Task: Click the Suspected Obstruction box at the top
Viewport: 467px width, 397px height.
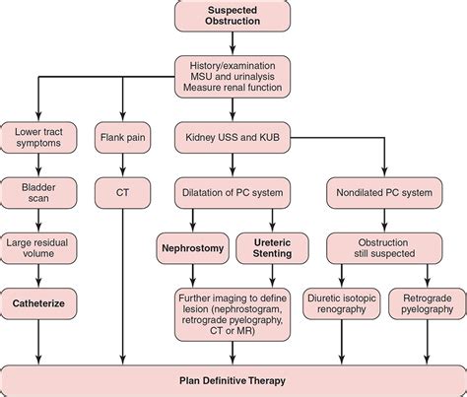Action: pyautogui.click(x=233, y=17)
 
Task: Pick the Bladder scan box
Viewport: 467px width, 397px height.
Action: pyautogui.click(x=38, y=191)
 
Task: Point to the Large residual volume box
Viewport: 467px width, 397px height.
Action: pyautogui.click(x=38, y=247)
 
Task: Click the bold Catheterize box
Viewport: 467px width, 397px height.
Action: pyautogui.click(x=38, y=305)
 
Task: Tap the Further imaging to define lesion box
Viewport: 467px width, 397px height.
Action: pyautogui.click(x=233, y=312)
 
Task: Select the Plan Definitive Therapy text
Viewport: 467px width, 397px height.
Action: pyautogui.click(x=233, y=380)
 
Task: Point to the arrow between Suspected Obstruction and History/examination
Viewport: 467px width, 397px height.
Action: pyautogui.click(x=233, y=43)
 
